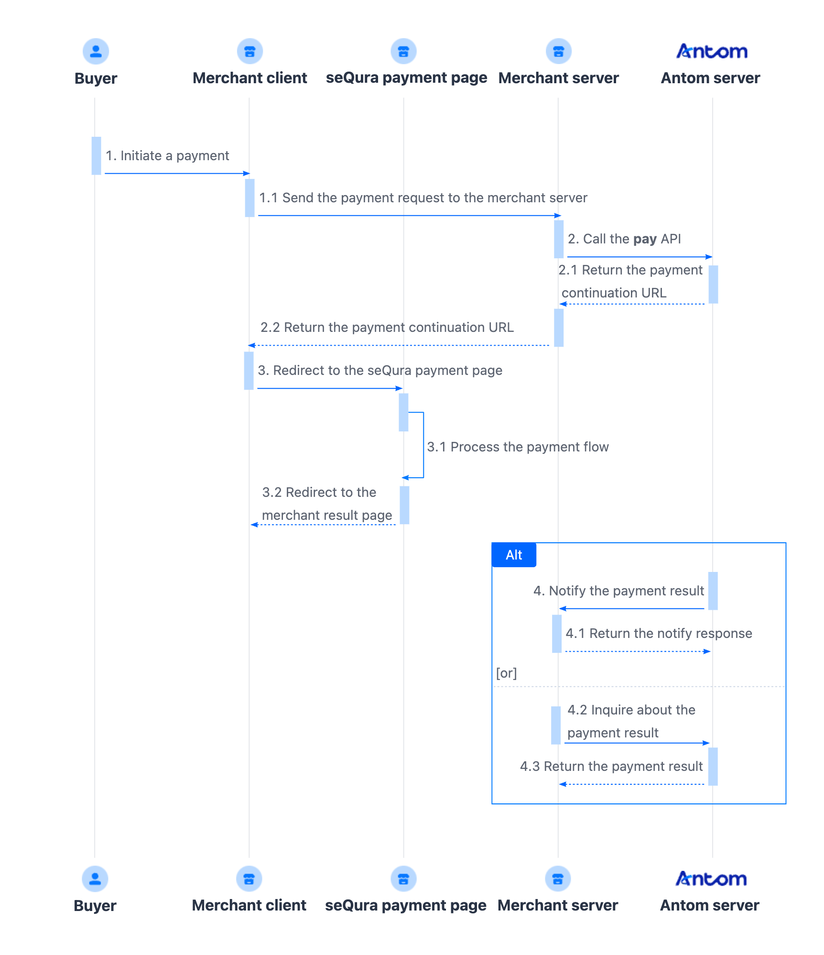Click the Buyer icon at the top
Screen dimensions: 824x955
(96, 51)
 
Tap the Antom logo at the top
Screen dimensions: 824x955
(712, 51)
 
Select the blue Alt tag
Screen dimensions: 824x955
(514, 555)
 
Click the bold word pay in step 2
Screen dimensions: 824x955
(645, 239)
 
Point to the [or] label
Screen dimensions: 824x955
(506, 673)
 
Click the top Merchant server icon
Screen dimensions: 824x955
(558, 51)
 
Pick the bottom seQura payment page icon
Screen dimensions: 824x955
(403, 879)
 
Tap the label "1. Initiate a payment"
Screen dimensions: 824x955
(167, 156)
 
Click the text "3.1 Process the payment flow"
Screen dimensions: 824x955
(518, 447)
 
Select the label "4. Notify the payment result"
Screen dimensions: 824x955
(618, 591)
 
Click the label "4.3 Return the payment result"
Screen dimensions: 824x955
(611, 767)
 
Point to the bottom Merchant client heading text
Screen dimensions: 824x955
(249, 905)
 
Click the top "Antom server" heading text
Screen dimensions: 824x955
(710, 78)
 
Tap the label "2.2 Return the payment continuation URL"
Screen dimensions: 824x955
(387, 328)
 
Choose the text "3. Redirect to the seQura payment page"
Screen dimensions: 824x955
(380, 371)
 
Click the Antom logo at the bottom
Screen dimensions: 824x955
(711, 879)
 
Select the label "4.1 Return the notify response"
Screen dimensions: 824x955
(659, 634)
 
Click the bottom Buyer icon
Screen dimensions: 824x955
(95, 879)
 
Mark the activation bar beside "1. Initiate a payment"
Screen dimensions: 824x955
(97, 156)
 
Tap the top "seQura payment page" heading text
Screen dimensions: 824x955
(406, 78)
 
